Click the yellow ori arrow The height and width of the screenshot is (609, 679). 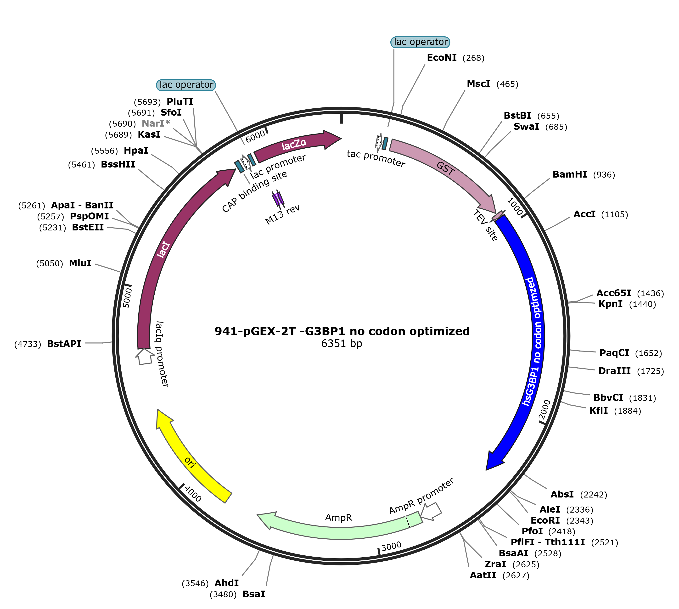pyautogui.click(x=191, y=462)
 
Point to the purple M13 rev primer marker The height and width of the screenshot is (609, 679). pyautogui.click(x=278, y=199)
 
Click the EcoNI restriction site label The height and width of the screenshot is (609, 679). pyautogui.click(x=441, y=58)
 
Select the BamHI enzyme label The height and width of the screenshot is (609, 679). pyautogui.click(x=569, y=174)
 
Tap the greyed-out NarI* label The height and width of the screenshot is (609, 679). pyautogui.click(x=156, y=123)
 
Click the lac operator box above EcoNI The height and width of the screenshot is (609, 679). pyautogui.click(x=420, y=42)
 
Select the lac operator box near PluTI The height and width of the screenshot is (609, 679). pyautogui.click(x=186, y=85)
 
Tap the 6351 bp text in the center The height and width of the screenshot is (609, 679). pyautogui.click(x=341, y=344)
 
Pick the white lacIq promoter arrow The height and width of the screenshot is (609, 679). pyautogui.click(x=145, y=356)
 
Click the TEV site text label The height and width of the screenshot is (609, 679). pyautogui.click(x=485, y=225)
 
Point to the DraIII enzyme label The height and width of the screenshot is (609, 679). pyautogui.click(x=614, y=371)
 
